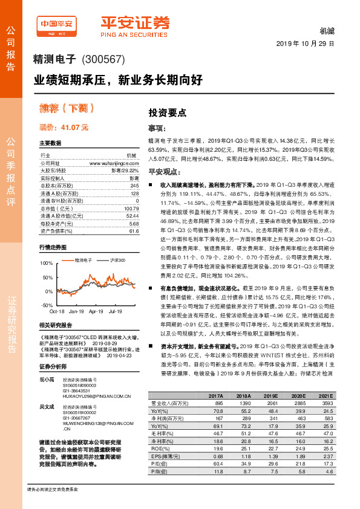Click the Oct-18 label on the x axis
pos(57,311)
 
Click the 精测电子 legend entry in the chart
pos(83,259)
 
